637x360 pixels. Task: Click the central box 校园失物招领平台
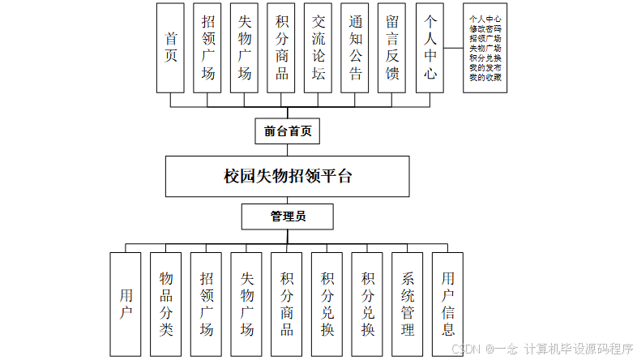[x=288, y=176]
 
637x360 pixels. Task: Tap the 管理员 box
[x=288, y=216]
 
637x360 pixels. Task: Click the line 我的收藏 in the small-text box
[x=485, y=78]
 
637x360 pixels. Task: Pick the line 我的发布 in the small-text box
[x=485, y=68]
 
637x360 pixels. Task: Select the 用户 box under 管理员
[x=126, y=304]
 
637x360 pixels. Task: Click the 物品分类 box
[x=166, y=304]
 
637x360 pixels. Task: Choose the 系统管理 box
[x=408, y=304]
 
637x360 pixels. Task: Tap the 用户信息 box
[x=448, y=304]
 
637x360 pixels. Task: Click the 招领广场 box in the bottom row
[x=207, y=304]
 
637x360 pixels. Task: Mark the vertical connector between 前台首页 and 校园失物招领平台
[x=288, y=150]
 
